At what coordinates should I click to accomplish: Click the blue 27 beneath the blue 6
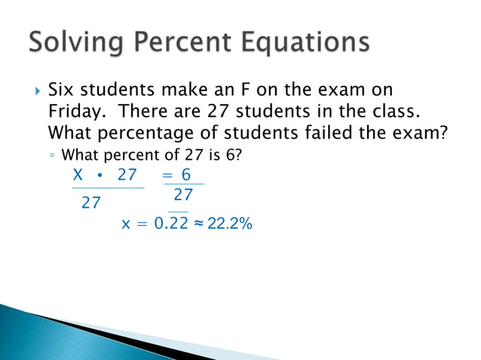pos(183,194)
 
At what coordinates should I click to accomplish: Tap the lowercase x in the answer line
pos(126,224)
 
